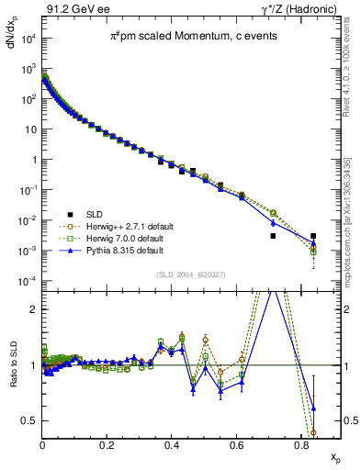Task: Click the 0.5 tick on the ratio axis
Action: [30, 420]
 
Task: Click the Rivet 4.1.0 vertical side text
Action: [353, 69]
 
